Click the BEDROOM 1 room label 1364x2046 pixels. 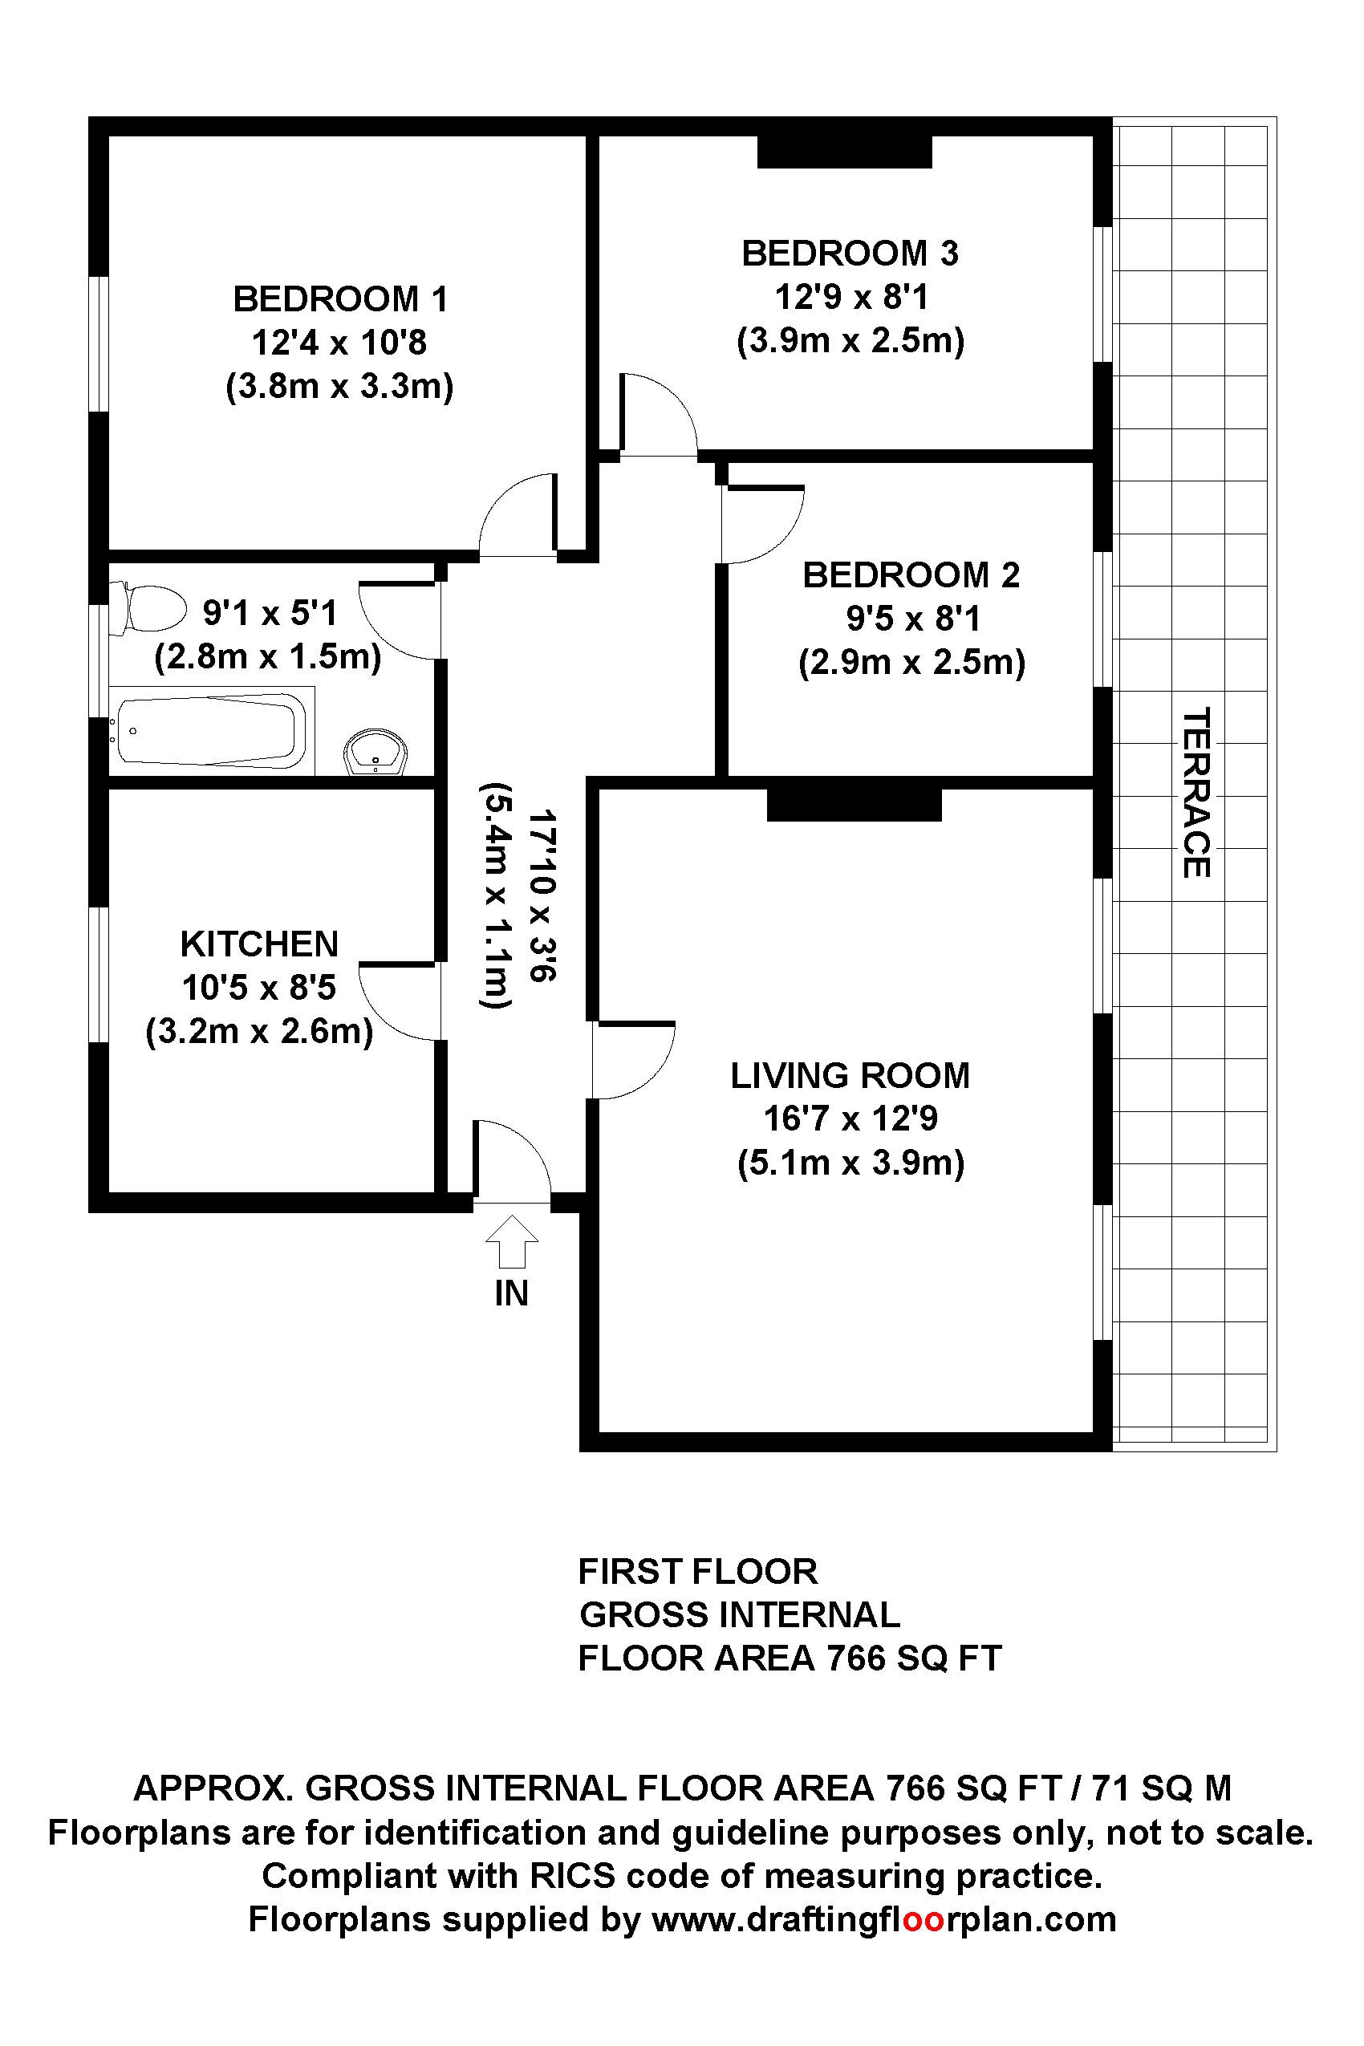click(340, 299)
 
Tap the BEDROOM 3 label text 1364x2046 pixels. click(850, 253)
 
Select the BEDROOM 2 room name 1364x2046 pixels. click(911, 575)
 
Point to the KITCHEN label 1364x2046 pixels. click(259, 944)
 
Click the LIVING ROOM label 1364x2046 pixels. click(850, 1075)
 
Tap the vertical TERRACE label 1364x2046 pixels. click(1196, 793)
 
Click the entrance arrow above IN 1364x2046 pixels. click(512, 1240)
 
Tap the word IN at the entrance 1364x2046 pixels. click(512, 1293)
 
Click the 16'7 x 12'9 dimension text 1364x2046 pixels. click(850, 1118)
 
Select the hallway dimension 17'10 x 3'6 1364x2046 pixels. click(543, 895)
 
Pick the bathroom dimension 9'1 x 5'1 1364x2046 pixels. click(269, 613)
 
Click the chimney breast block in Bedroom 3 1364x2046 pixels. click(845, 152)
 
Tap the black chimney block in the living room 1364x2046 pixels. click(855, 805)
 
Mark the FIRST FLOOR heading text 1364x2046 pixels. click(698, 1571)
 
